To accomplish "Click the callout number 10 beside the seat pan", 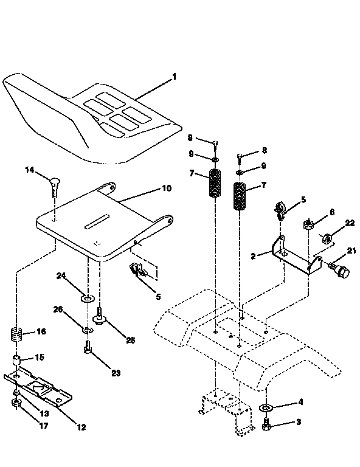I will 166,189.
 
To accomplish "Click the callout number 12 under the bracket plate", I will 81,427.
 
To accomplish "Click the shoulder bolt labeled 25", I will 100,316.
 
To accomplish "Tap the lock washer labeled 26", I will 88,330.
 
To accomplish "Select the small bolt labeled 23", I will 88,350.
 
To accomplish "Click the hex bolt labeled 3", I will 267,426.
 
